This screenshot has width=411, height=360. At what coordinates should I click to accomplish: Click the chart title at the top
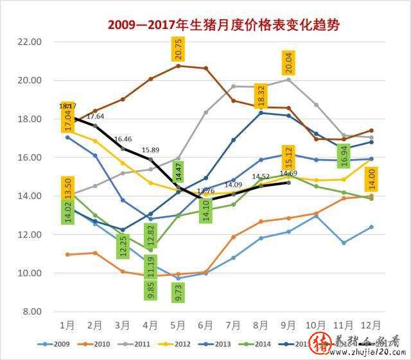pos(223,25)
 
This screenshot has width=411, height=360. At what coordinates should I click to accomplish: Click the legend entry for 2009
pos(58,344)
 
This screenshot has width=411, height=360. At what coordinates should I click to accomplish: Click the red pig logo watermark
pos(319,345)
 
